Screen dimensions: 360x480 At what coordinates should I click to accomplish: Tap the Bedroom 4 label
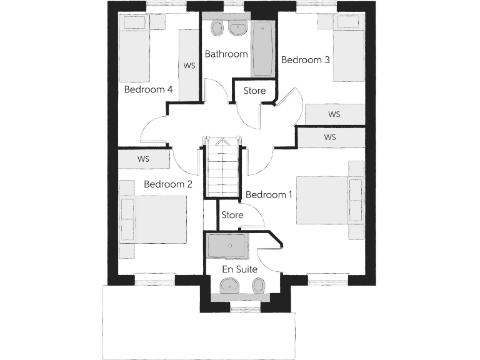point(148,89)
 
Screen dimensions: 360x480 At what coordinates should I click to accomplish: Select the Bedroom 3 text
point(306,60)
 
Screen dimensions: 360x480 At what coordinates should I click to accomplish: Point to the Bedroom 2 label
point(168,184)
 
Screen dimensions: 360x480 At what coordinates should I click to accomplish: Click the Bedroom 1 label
point(269,195)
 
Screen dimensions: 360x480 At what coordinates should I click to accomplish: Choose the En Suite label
point(240,269)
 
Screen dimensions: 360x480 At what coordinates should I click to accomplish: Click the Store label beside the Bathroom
point(254,91)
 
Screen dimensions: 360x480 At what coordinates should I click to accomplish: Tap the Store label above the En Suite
point(232,215)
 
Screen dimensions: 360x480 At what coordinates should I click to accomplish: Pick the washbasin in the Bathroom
point(238,28)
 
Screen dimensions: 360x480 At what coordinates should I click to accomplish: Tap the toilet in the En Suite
point(258,286)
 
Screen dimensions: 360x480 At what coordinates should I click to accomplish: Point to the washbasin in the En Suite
point(230,286)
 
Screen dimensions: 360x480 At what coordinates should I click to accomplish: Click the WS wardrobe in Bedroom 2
point(144,159)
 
